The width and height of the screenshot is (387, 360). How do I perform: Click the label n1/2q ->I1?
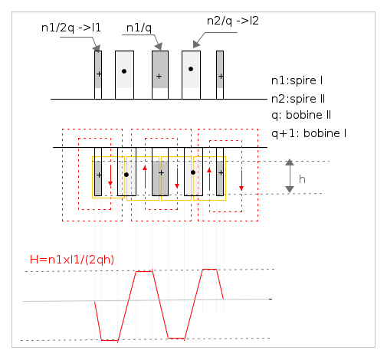click(71, 28)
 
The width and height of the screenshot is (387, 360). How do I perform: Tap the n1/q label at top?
click(139, 28)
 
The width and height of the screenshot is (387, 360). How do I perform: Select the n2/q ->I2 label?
click(233, 21)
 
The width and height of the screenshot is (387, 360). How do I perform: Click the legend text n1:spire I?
click(297, 80)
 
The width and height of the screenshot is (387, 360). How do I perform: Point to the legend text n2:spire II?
click(298, 99)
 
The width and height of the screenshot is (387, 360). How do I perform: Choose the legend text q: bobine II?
click(301, 115)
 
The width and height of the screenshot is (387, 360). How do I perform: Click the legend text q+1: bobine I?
click(309, 133)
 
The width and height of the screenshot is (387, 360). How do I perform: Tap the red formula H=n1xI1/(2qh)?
click(72, 260)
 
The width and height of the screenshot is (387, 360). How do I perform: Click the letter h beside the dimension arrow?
click(302, 179)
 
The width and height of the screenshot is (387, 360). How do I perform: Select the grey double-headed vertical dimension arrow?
click(290, 176)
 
